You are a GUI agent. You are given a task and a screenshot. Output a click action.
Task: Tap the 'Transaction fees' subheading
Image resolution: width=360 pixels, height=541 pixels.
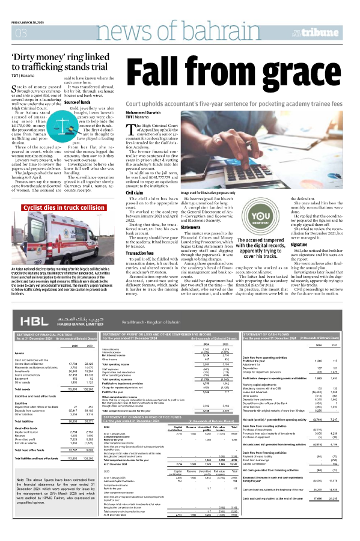(x=144, y=254)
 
